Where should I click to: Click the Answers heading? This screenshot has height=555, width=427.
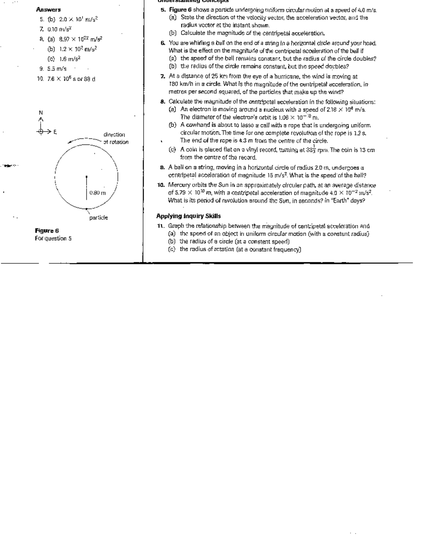tap(48, 10)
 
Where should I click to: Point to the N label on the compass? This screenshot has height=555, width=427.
tap(41, 112)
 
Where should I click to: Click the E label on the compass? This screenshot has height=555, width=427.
tap(55, 132)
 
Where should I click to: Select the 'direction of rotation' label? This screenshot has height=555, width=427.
tap(115, 138)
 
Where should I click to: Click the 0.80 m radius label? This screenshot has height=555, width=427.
tap(97, 193)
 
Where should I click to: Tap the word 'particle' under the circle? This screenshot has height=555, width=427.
tap(98, 218)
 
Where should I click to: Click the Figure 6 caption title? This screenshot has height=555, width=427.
tap(47, 231)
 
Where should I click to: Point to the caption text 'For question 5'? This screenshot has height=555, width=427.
tap(53, 239)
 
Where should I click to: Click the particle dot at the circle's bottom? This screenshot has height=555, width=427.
tap(86, 209)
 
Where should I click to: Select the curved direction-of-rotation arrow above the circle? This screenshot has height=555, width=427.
tap(85, 140)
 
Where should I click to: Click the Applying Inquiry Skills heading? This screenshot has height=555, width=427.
tap(188, 216)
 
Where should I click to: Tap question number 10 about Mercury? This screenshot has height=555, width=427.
tap(161, 185)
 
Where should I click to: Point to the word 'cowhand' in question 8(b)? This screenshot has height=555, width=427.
tap(195, 125)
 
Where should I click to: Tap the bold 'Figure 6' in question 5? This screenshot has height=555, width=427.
tap(180, 10)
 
